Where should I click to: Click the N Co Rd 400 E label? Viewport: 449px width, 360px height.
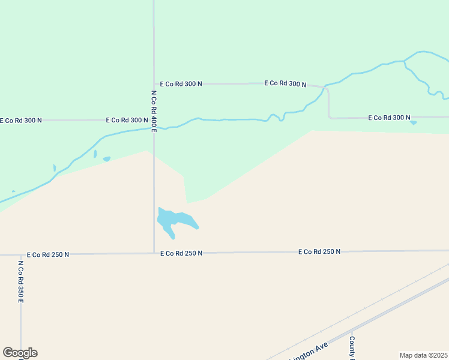pos(154,110)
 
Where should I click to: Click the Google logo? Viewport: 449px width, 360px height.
pos(20,353)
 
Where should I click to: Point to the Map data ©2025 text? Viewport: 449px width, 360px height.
pos(423,355)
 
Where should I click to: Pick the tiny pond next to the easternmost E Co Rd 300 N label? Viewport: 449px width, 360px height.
pos(413,123)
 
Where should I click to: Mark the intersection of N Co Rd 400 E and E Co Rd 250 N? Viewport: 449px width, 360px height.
pos(154,253)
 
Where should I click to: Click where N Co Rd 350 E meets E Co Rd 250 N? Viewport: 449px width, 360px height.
pos(20,254)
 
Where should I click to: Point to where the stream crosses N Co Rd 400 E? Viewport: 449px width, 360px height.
pos(154,127)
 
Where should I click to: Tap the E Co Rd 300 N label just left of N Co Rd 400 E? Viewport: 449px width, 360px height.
pos(127,120)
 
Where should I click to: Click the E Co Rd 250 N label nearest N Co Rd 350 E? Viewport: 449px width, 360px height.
pos(48,254)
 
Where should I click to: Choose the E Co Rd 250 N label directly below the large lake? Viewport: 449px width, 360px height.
pos(181,253)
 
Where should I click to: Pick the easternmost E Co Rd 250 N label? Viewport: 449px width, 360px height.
pos(319,251)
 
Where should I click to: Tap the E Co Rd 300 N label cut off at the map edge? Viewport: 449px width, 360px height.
pos(21,120)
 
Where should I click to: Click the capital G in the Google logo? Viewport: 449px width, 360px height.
pos(8,353)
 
